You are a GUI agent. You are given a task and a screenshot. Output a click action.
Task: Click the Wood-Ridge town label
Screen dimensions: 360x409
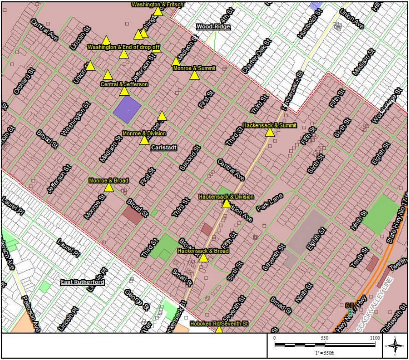[x=213, y=27]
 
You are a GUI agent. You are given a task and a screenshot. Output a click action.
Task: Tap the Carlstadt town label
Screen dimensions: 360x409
[x=164, y=148]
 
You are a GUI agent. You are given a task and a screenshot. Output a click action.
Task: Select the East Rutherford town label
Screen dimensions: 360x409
[x=83, y=282]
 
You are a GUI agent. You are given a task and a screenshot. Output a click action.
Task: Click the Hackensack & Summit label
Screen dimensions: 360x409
[x=270, y=125]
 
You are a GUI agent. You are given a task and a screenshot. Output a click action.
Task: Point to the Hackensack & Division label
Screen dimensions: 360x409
[x=226, y=196]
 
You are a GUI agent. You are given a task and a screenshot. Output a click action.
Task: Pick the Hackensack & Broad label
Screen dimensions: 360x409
[x=203, y=251]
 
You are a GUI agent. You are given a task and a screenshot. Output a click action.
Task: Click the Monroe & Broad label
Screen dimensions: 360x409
[x=108, y=180]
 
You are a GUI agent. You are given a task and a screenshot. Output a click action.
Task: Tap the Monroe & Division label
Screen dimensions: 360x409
[x=144, y=134]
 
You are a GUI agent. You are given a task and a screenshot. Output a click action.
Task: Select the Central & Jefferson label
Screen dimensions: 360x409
[x=124, y=84]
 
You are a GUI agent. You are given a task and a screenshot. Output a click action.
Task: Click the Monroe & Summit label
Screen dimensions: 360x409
[x=194, y=68]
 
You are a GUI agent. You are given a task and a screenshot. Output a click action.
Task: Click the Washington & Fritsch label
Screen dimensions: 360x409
[x=157, y=5]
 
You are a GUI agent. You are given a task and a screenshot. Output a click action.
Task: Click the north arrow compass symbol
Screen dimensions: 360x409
[x=395, y=346]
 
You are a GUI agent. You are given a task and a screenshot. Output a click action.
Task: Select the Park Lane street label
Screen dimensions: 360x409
[x=270, y=202]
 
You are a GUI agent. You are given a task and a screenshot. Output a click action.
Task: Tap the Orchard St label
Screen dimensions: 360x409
[x=23, y=82]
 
